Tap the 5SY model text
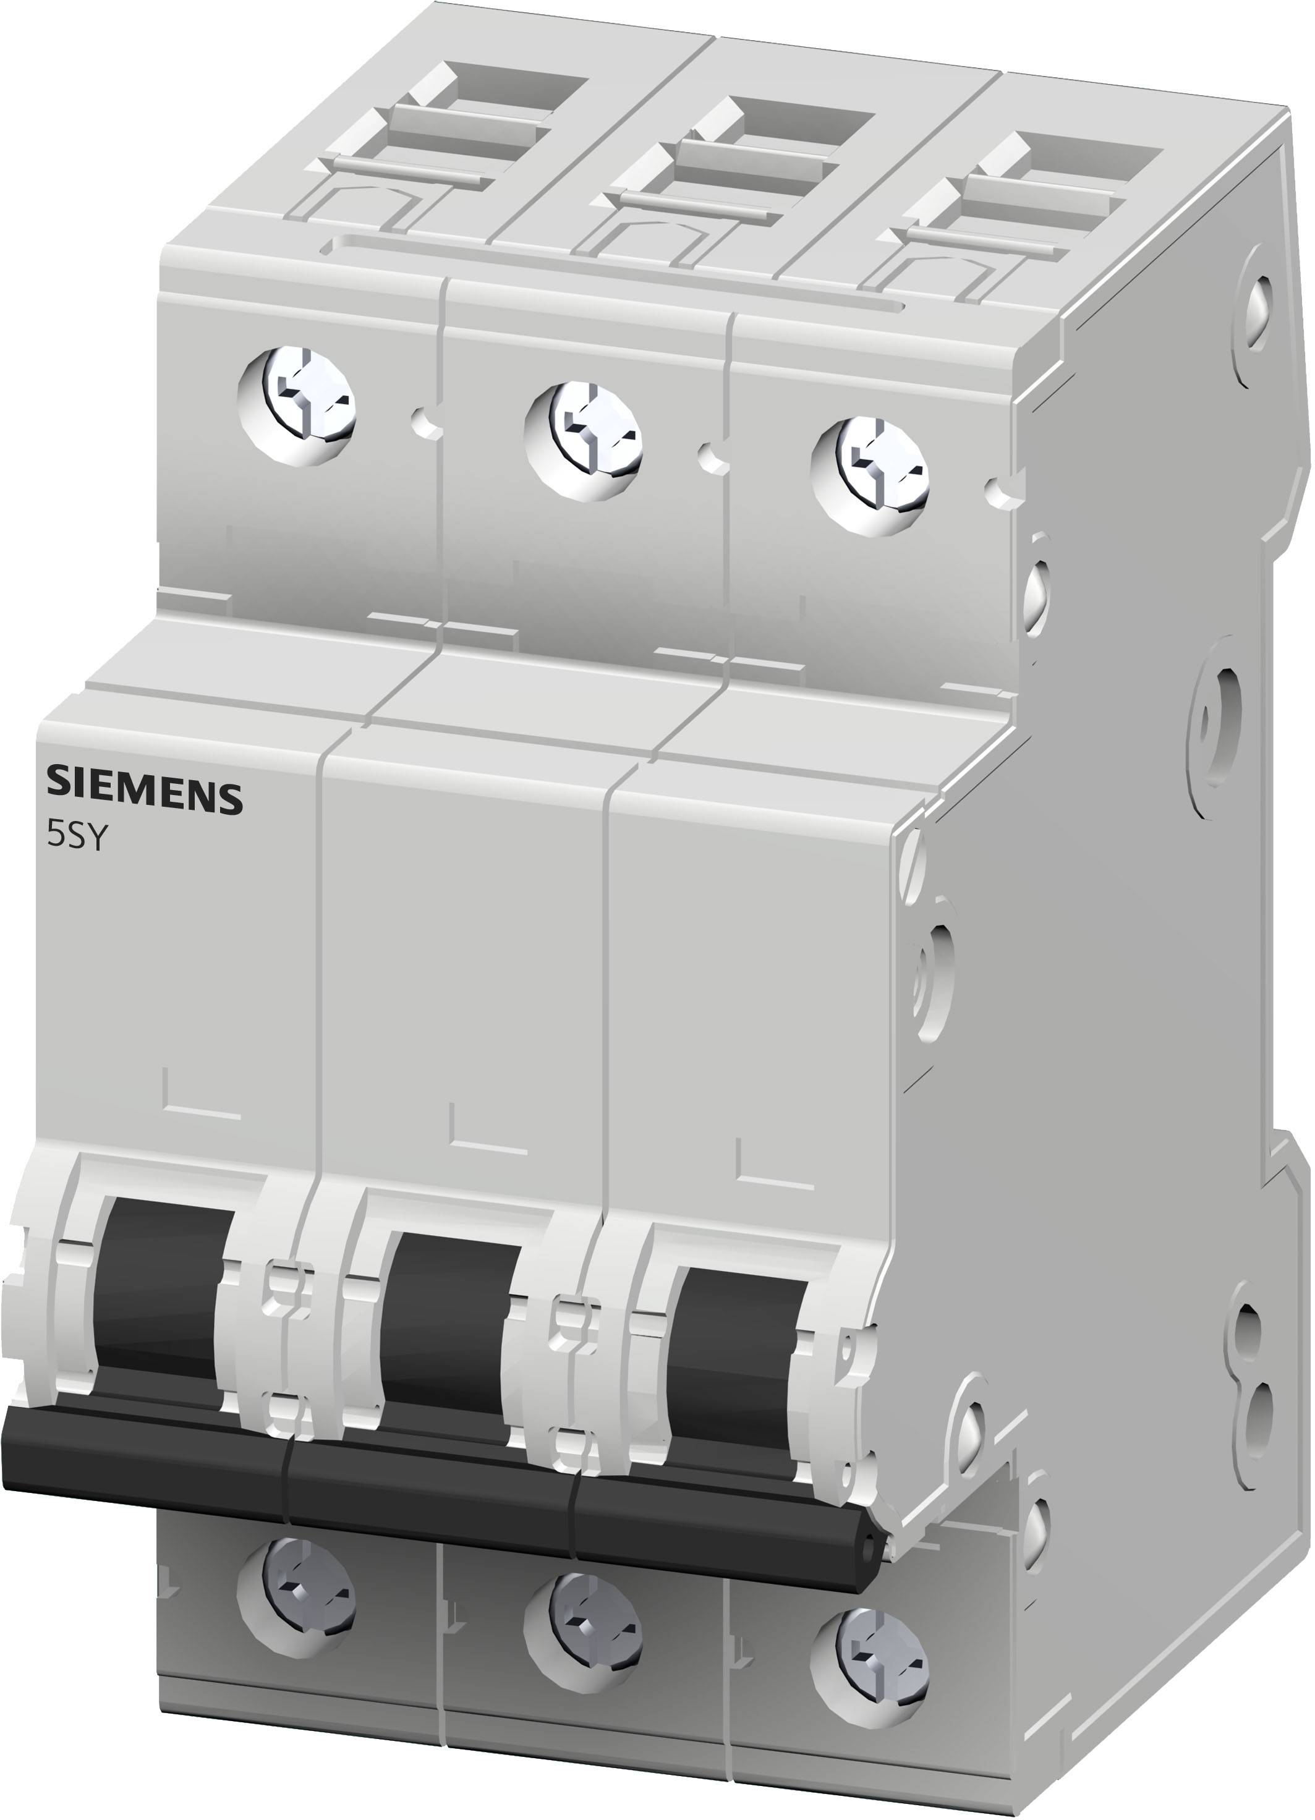75,837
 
